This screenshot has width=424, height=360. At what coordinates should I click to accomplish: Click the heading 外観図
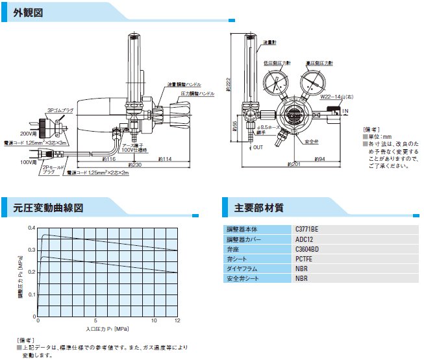(29, 12)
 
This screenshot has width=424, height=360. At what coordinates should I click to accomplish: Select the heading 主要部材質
(258, 208)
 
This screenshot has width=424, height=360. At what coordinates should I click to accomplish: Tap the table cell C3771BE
(308, 229)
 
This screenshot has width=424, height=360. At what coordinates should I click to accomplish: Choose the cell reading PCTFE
(304, 258)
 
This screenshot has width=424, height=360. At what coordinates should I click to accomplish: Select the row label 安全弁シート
(243, 278)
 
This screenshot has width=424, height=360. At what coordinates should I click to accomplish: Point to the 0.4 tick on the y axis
(32, 228)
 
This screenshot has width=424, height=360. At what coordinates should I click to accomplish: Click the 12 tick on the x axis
(177, 321)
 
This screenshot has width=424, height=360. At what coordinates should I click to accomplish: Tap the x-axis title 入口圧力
(100, 329)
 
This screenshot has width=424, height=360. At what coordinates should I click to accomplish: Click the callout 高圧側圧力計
(319, 62)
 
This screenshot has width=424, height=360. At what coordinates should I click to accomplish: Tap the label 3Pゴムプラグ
(59, 110)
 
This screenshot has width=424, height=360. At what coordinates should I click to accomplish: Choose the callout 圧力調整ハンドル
(198, 93)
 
